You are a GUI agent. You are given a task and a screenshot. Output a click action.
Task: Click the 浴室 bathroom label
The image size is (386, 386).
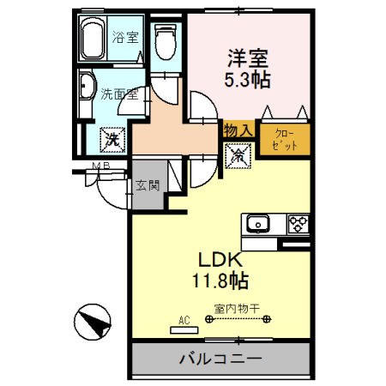(125, 38)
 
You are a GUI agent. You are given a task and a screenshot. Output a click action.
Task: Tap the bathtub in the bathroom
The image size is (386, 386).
(95, 39)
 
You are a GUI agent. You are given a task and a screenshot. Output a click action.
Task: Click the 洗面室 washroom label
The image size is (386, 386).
(118, 95)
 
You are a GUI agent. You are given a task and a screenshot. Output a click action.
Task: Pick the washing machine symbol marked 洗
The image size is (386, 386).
(112, 136)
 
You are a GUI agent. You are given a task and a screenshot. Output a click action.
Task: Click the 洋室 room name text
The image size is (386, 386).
(248, 59)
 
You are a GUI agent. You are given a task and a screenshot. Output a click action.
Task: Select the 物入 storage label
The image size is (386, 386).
(237, 130)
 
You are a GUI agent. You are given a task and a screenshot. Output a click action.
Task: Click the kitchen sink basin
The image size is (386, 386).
(256, 226)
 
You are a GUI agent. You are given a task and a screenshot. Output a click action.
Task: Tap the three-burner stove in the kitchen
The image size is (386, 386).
(298, 225)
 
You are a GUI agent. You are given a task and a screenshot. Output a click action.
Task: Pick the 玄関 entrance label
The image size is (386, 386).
(145, 183)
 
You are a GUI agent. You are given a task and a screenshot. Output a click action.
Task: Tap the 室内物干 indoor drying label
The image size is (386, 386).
(236, 309)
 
